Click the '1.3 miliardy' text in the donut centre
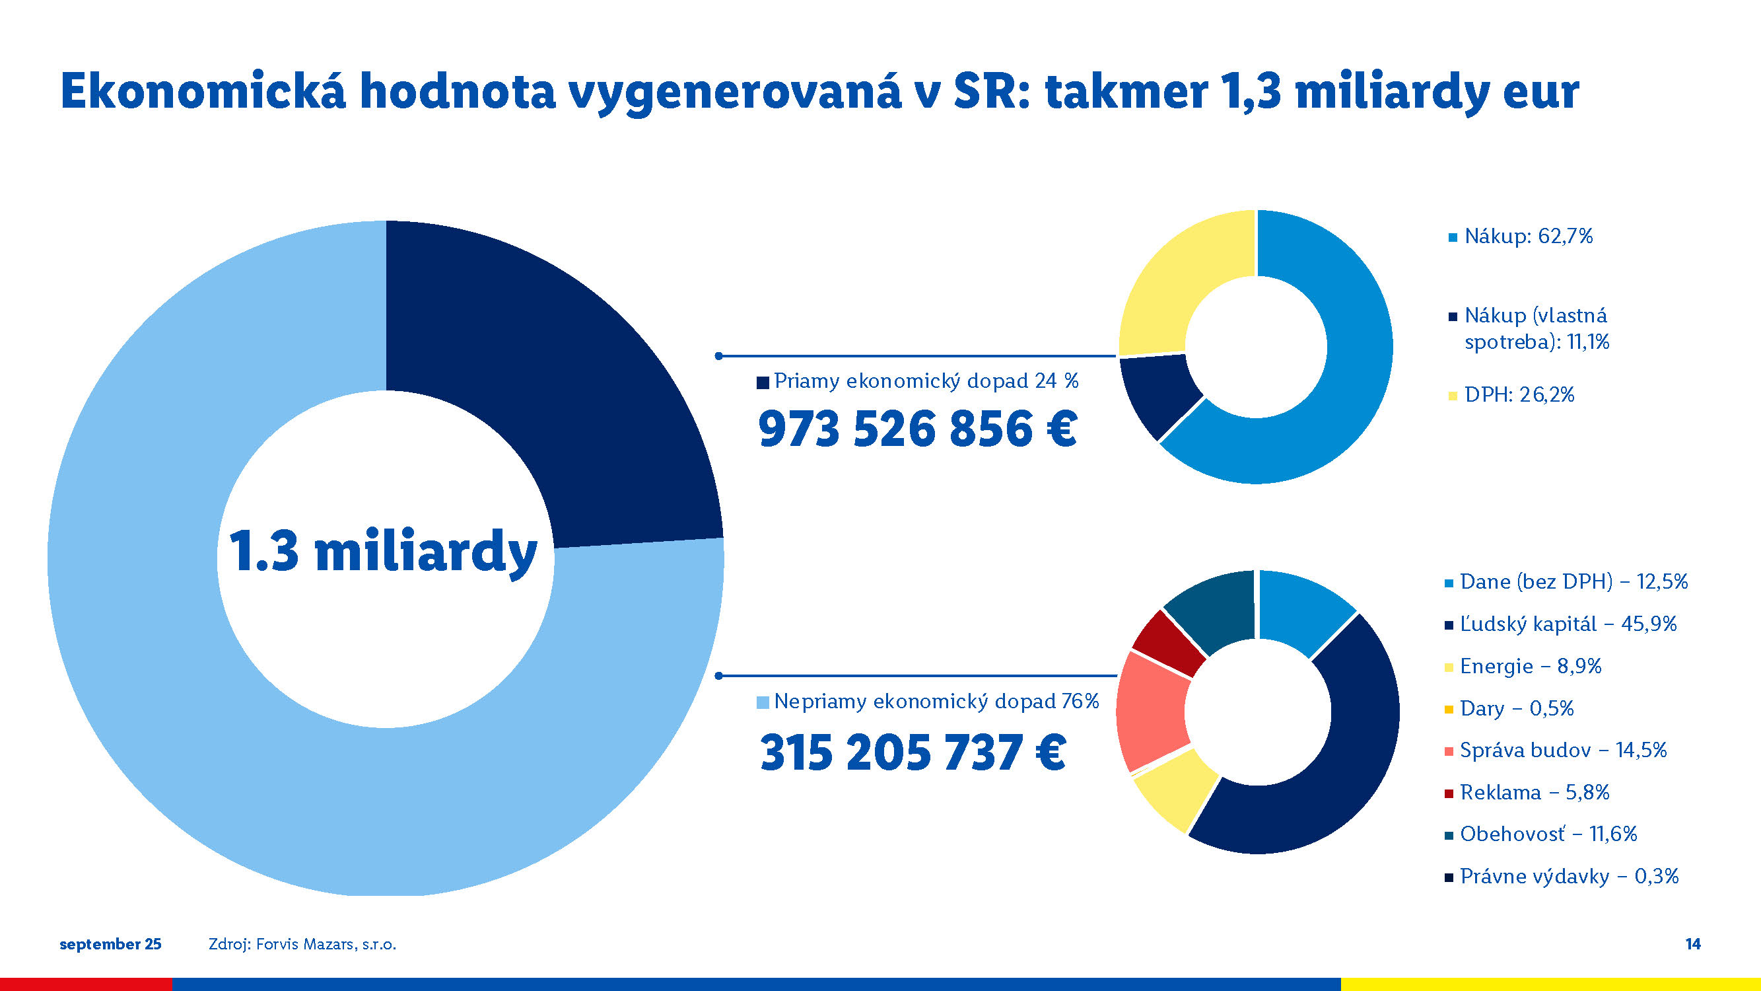(x=383, y=551)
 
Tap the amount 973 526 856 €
(x=917, y=429)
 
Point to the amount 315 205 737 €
(x=913, y=752)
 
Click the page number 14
(x=1692, y=944)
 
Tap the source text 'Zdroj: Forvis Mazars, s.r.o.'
(x=302, y=945)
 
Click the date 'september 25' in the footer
(x=111, y=945)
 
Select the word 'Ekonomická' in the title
(x=203, y=91)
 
